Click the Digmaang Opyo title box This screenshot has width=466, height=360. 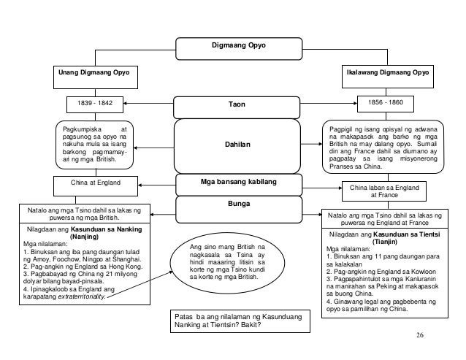click(239, 49)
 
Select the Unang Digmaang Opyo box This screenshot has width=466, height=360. click(96, 77)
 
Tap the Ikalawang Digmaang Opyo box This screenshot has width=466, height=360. click(388, 77)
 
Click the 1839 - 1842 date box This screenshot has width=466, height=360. click(95, 104)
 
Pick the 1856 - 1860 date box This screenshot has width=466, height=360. click(386, 104)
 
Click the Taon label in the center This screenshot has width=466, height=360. click(237, 104)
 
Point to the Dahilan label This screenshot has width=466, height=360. click(237, 145)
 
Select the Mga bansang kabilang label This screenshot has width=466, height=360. click(239, 182)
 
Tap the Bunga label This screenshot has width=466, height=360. click(239, 204)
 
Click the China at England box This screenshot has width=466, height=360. click(96, 186)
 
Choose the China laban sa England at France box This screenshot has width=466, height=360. click(384, 191)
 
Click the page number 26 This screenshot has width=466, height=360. click(420, 335)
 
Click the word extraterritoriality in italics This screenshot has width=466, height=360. click(81, 296)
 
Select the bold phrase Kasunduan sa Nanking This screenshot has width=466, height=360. click(106, 229)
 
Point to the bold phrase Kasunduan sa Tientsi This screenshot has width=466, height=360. click(407, 234)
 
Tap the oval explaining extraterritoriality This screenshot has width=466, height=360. click(227, 263)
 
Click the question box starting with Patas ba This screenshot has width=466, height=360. click(240, 321)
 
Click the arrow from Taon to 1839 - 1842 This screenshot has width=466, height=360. click(148, 104)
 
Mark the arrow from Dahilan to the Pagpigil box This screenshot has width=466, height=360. click(311, 144)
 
